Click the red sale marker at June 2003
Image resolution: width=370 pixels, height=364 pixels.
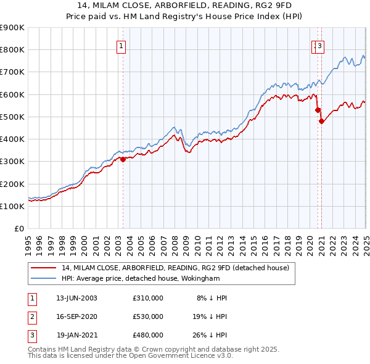point(123,159)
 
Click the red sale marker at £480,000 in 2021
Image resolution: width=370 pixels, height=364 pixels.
point(321,122)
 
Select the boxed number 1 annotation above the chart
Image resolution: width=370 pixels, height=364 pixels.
point(121,45)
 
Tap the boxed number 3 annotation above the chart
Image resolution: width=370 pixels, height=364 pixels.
point(321,45)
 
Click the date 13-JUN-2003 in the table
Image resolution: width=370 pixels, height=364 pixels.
point(76,298)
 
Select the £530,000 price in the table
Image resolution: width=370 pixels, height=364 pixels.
point(147,316)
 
